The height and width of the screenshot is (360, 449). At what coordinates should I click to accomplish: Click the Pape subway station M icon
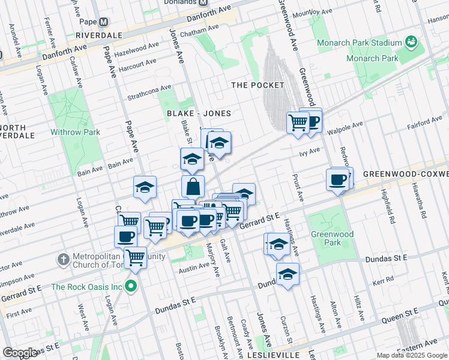[x=103, y=22]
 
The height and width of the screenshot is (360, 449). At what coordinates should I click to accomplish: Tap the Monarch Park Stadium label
[x=368, y=43]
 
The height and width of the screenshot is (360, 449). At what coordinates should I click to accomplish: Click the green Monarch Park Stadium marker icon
[x=411, y=42]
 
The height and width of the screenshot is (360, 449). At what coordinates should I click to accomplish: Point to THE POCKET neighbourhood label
[x=258, y=85]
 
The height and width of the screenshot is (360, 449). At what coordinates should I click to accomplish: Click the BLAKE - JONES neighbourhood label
[x=199, y=113]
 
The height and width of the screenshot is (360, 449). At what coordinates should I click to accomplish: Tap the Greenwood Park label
[x=326, y=238]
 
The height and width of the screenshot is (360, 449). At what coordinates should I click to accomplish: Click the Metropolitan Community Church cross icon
[x=64, y=260]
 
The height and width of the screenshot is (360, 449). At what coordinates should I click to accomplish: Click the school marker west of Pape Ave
[x=145, y=188]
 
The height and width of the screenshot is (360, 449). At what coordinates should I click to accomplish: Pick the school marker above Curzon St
[x=288, y=274]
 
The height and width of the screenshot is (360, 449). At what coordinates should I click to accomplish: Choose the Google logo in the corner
[x=20, y=353]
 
